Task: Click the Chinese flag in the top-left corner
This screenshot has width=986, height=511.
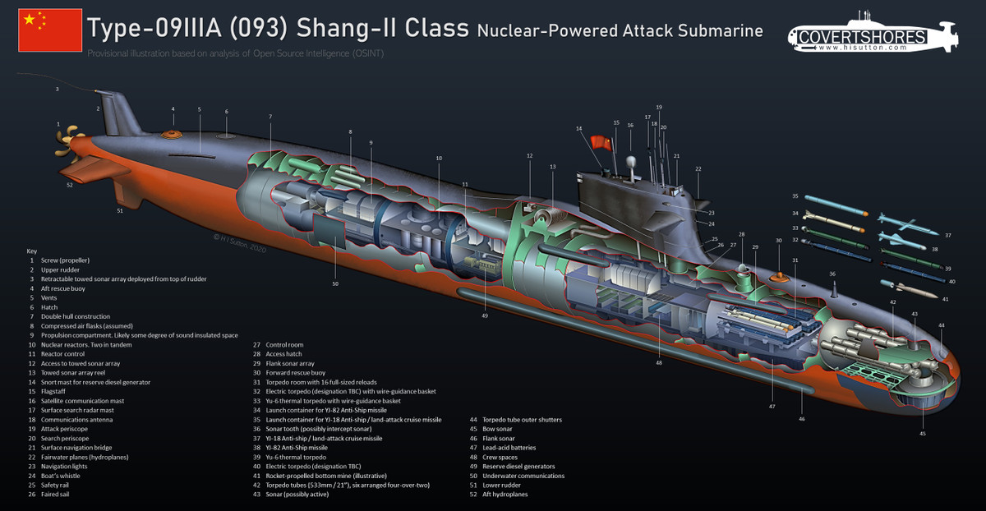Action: click(50, 30)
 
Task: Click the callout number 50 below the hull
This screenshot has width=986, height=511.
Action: click(335, 283)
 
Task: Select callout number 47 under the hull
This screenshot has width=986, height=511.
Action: click(772, 406)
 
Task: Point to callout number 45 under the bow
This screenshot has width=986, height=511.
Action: click(923, 433)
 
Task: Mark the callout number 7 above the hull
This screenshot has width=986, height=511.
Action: click(270, 117)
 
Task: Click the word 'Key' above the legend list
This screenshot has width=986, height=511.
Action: click(32, 250)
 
